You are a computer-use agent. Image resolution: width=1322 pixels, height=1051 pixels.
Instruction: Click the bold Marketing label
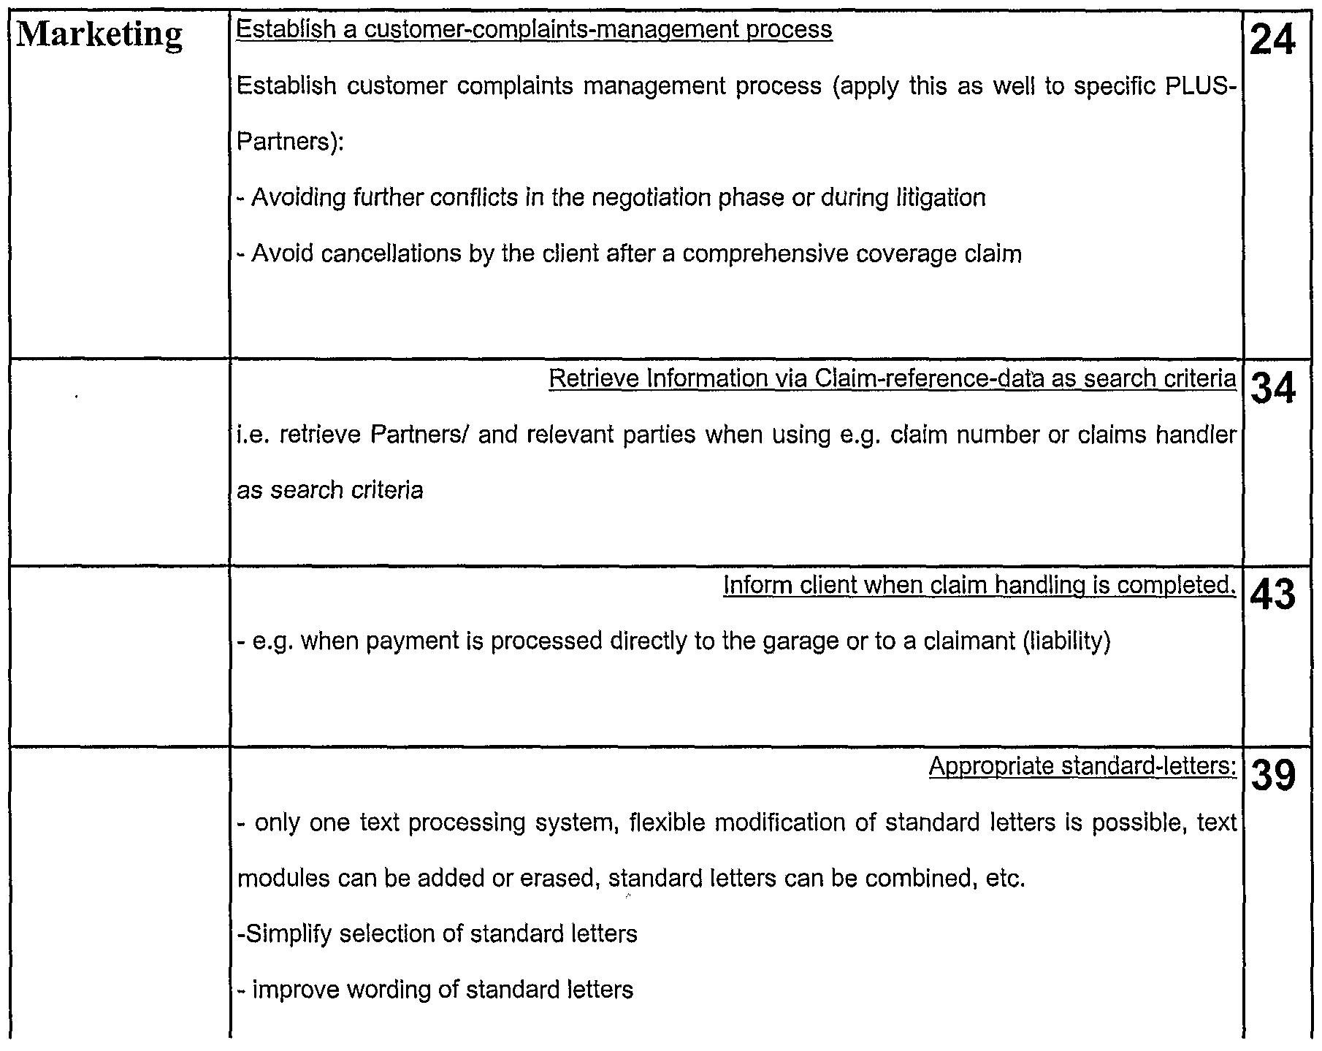pyautogui.click(x=99, y=35)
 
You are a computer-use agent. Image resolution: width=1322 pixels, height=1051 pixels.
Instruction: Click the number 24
pyautogui.click(x=1273, y=40)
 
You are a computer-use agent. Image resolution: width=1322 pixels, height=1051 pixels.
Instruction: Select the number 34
pyautogui.click(x=1273, y=389)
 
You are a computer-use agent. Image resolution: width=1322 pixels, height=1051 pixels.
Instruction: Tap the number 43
pyautogui.click(x=1273, y=595)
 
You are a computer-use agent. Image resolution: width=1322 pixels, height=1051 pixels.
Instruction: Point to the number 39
pyautogui.click(x=1273, y=776)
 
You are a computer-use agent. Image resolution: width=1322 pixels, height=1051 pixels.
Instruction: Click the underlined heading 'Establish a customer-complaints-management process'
pyautogui.click(x=535, y=30)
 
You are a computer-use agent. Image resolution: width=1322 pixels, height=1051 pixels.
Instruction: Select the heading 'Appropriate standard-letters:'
pyautogui.click(x=1082, y=766)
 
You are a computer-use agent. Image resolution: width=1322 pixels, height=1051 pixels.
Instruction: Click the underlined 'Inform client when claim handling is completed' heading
pyautogui.click(x=979, y=585)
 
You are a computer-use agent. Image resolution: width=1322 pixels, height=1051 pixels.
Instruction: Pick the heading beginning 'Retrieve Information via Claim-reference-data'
pyautogui.click(x=892, y=378)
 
